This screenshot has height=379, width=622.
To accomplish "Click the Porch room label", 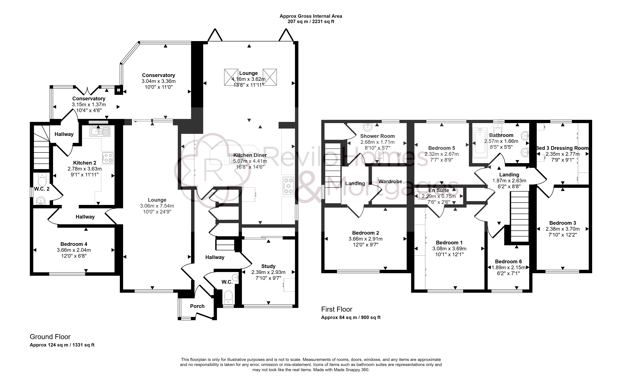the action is point(197,306).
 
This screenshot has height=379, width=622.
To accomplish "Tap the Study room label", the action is point(268,266).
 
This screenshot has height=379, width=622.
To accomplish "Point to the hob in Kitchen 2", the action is point(108,158).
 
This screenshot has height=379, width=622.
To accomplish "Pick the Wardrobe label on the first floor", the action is point(390,181).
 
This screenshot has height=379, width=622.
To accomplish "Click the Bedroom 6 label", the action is point(508,261).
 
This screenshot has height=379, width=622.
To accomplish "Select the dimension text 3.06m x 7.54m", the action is point(157,206).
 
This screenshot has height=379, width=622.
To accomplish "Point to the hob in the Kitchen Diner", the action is point(288,186).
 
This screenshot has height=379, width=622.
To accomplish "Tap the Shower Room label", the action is point(377,136).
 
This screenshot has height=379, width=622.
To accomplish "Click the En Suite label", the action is point(439,190).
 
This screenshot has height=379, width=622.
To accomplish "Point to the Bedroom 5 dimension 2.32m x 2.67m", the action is point(442,154).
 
